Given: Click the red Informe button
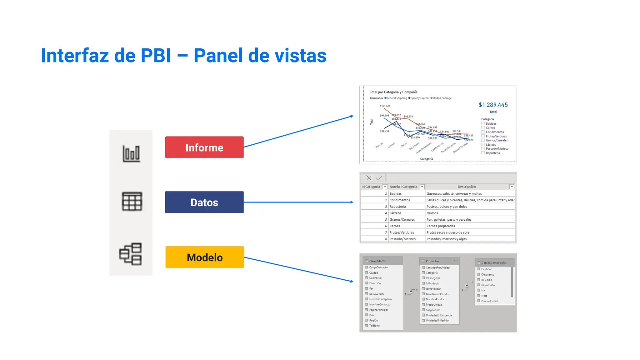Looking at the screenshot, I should (204, 147).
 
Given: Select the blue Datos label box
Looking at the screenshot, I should (204, 202).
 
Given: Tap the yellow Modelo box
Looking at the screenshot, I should (204, 257).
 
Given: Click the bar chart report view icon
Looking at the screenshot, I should (131, 153).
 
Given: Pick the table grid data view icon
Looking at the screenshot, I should (132, 201).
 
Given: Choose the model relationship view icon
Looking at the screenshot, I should (131, 254).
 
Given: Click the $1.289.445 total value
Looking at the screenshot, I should (493, 105).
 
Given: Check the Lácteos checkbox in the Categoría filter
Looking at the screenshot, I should (483, 145).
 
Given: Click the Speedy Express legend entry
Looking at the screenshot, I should (419, 98).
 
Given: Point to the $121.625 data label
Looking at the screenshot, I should (385, 106).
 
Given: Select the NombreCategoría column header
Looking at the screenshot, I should (403, 187).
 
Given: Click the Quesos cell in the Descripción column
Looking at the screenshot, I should (432, 213).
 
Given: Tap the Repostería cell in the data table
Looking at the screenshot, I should (397, 207).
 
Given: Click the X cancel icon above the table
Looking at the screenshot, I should (369, 178).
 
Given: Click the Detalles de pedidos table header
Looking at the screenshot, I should (494, 262).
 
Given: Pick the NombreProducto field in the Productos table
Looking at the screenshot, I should (436, 299).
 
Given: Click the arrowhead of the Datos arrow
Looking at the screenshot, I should (352, 202).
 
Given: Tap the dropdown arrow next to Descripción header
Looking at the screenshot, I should (512, 187).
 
